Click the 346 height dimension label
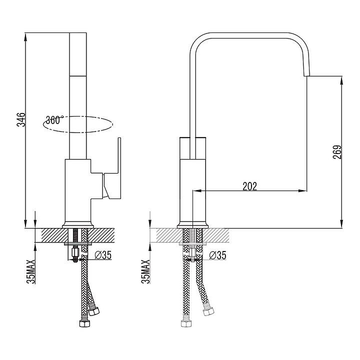pyautogui.click(x=21, y=119)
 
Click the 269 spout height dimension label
pyautogui.click(x=337, y=152)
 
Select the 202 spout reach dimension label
pyautogui.click(x=250, y=186)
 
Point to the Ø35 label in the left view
pyautogui.click(x=103, y=255)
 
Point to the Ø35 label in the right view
pyautogui.click(x=217, y=255)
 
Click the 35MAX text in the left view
pyautogui.click(x=31, y=271)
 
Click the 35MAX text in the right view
pyautogui.click(x=145, y=271)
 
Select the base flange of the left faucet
pyautogui.click(x=78, y=225)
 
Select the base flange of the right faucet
pyautogui.click(x=192, y=225)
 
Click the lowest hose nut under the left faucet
pyautogui.click(x=84, y=323)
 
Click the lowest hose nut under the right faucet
pyautogui.click(x=186, y=323)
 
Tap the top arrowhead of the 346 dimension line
pyautogui.click(x=25, y=36)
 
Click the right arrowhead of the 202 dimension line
pyautogui.click(x=302, y=190)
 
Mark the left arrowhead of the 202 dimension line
pyautogui.click(x=197, y=190)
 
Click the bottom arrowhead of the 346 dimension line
pyautogui.click(x=25, y=224)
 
